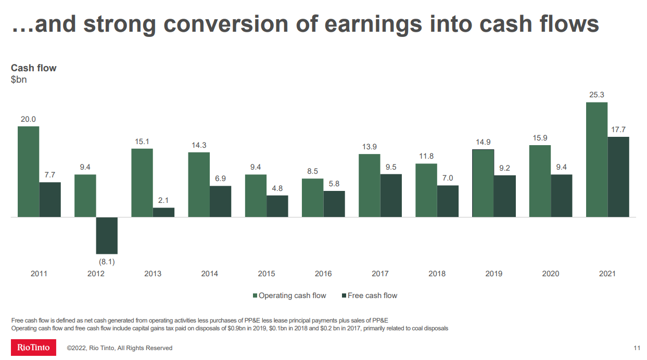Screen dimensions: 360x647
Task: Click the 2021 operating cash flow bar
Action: point(597,159)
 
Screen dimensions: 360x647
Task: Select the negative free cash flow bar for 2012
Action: point(107,235)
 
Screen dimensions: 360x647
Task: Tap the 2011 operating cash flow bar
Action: point(28,171)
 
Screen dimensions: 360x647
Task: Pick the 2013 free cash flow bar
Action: point(163,212)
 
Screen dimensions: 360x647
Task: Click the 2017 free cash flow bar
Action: point(391,195)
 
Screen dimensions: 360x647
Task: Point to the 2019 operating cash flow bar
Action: point(483,183)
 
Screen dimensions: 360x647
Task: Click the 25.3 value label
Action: point(597,95)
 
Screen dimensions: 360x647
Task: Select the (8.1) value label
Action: point(107,262)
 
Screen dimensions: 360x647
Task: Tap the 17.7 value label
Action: point(618,130)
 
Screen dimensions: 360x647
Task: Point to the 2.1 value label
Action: point(163,200)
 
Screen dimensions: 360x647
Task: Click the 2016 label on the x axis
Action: point(323,274)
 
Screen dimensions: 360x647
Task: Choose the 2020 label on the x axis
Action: point(551,274)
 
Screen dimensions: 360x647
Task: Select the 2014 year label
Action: point(210,274)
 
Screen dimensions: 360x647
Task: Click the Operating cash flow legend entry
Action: point(289,295)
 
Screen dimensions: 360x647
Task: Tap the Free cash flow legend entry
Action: point(369,295)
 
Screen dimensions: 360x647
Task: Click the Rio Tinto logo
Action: point(33,348)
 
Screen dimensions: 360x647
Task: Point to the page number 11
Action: point(637,348)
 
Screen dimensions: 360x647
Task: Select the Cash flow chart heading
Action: point(34,68)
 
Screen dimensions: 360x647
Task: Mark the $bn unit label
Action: point(19,80)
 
